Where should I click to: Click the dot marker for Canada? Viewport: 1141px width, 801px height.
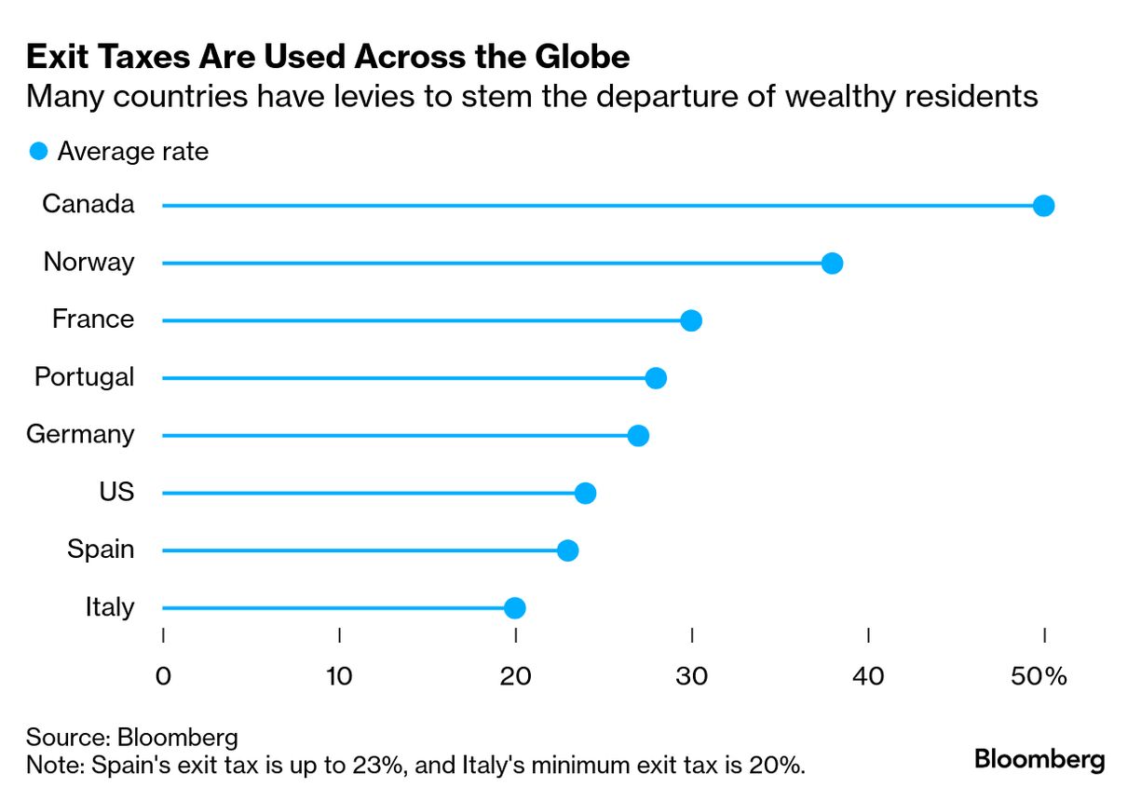point(1043,206)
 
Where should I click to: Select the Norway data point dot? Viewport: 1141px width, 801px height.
point(832,264)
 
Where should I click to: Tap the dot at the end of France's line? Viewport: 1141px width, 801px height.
point(691,320)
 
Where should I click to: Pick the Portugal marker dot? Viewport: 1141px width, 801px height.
point(656,378)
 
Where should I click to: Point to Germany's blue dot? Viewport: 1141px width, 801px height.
point(638,436)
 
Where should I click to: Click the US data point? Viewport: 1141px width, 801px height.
point(585,493)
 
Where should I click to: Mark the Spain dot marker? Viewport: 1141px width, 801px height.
point(567,550)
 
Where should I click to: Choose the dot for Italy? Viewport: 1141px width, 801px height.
point(514,608)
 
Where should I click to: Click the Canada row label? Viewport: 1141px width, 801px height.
point(88,204)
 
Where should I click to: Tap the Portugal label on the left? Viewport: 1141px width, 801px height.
point(84,377)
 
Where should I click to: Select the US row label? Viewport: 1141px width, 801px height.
point(116,492)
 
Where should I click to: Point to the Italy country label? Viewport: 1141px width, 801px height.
point(109,607)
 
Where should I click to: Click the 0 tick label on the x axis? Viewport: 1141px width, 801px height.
point(163,676)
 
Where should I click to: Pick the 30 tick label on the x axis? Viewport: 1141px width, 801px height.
point(692,676)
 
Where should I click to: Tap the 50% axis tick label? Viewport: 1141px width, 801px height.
point(1038,676)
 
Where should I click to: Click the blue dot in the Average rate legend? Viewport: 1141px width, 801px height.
point(38,151)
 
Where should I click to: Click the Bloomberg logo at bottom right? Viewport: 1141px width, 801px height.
point(1039,759)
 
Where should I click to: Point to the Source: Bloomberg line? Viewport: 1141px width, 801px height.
point(132,738)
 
